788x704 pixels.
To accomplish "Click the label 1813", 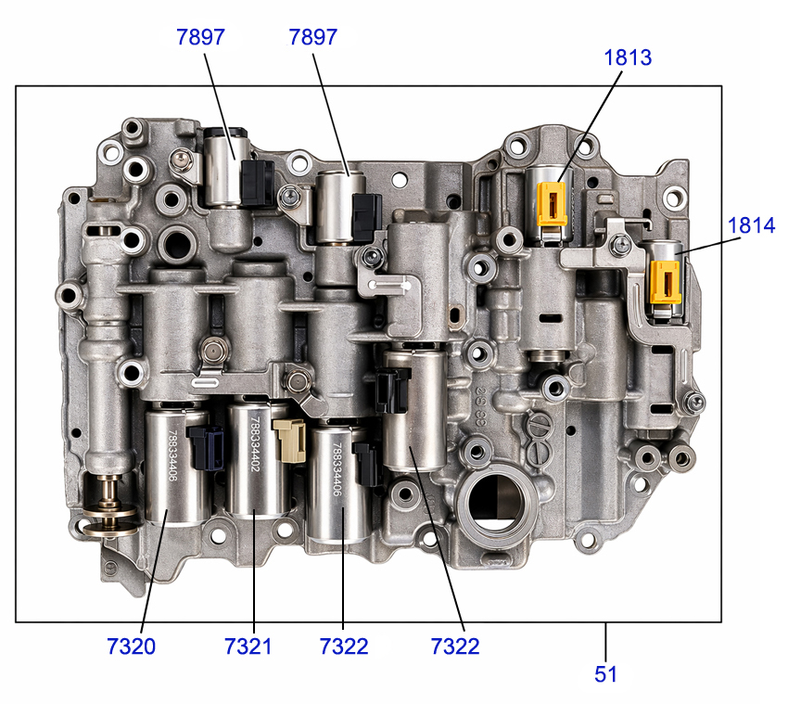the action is [628, 58].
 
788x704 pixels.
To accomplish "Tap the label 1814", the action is [752, 225].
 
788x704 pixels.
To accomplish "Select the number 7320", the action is [131, 646].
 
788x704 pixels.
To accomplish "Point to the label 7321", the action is [248, 646].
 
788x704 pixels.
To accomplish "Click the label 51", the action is [605, 674].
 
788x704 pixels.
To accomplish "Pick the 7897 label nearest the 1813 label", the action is [312, 37].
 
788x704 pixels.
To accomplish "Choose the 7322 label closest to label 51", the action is [455, 646].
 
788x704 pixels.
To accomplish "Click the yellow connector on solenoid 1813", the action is [552, 204].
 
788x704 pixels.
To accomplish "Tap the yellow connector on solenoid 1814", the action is [666, 282].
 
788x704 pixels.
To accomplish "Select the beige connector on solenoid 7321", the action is [290, 441].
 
